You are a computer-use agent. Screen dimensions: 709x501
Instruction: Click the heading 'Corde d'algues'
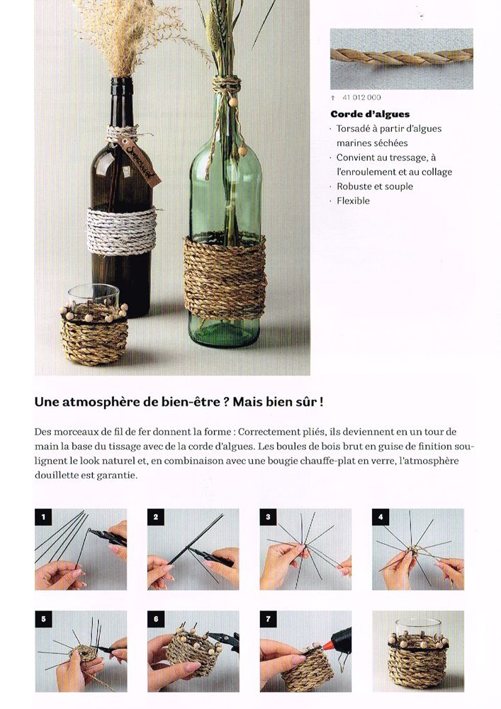click(370, 114)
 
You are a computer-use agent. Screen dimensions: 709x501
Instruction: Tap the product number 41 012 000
click(361, 97)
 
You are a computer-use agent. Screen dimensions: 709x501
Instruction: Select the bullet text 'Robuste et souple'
click(374, 186)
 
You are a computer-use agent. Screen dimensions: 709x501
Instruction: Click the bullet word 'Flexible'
click(353, 201)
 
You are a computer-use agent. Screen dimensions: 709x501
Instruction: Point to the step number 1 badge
click(43, 517)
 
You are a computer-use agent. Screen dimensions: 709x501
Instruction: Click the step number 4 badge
click(380, 517)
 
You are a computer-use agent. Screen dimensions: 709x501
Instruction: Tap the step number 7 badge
click(268, 619)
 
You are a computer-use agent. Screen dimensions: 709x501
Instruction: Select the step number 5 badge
click(43, 619)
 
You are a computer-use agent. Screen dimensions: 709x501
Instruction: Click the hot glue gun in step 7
click(333, 638)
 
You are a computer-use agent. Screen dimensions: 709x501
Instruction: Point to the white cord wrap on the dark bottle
click(121, 230)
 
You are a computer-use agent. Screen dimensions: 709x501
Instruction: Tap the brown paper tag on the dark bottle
click(141, 160)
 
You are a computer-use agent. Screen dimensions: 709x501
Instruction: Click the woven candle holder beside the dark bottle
click(94, 333)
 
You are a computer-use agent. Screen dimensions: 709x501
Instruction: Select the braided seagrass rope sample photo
click(402, 58)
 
